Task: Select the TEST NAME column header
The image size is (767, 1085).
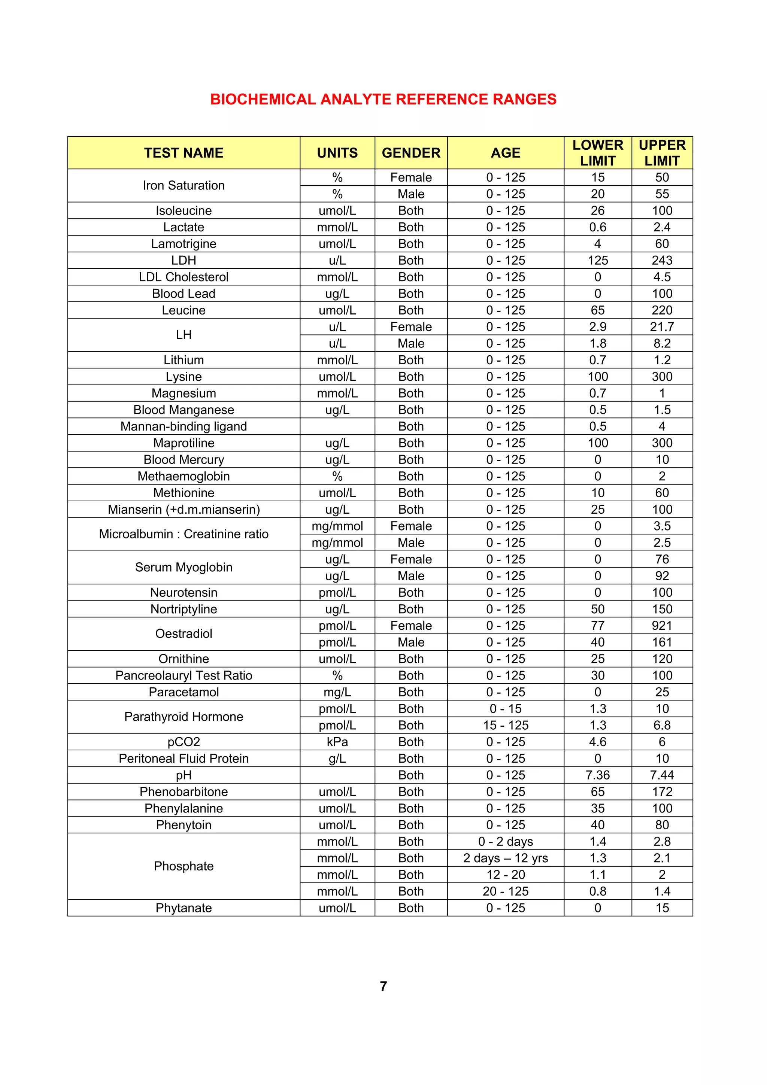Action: pos(184,153)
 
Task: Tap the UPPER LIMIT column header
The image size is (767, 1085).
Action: pos(662,153)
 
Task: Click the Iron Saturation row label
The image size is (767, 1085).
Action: pos(184,185)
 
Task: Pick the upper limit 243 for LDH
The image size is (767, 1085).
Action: pos(662,260)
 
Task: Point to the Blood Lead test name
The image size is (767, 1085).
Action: pos(184,294)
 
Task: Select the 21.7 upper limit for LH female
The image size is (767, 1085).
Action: pos(662,326)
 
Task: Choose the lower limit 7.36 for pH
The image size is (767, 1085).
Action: pos(597,775)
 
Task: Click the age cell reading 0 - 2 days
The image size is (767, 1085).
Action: pos(505,841)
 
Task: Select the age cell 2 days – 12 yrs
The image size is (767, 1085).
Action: pos(505,858)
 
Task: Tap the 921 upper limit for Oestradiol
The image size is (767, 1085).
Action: pos(662,626)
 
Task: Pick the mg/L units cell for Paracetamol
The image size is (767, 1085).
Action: pos(337,692)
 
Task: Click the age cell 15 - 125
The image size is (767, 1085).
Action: pos(505,725)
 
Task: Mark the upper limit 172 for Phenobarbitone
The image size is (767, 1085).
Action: pos(662,791)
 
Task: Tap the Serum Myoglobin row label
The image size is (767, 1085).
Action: pos(184,567)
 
